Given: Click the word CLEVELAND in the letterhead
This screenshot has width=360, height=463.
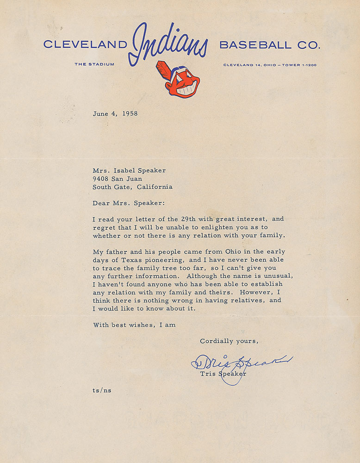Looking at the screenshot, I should click(x=85, y=45).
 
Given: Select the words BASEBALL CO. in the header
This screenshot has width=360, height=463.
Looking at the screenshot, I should click(x=269, y=45).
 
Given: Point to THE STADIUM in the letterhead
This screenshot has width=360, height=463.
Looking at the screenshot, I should click(x=94, y=64).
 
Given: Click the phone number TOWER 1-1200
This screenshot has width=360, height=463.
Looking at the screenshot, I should click(x=301, y=65).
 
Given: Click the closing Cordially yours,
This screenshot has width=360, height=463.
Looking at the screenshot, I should click(x=229, y=341).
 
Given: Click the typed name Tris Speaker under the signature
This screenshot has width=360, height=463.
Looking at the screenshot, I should click(x=223, y=374).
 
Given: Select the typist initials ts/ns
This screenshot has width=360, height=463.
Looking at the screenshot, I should click(x=102, y=390).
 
